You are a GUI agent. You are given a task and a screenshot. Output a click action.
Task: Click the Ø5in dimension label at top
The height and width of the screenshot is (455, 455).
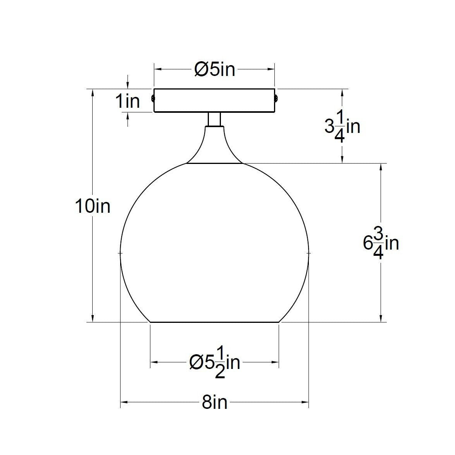tap(214, 70)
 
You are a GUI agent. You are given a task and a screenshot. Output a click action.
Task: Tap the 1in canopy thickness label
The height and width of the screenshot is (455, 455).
tap(128, 102)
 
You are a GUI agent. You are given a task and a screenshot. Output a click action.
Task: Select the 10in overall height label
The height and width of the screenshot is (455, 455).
tap(93, 206)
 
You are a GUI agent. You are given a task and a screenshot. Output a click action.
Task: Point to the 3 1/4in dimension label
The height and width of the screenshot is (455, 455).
tap(342, 127)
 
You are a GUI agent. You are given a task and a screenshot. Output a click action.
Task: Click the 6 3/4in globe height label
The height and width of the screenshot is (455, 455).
tap(381, 243)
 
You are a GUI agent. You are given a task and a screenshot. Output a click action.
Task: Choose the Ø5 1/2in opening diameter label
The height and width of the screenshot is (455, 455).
tap(214, 363)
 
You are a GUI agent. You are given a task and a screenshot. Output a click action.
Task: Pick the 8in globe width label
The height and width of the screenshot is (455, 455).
tap(214, 403)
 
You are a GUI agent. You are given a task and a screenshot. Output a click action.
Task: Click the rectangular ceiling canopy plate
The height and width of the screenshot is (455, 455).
tap(214, 101)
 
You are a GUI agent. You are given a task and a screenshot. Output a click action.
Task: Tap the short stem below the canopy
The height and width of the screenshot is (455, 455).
tap(214, 119)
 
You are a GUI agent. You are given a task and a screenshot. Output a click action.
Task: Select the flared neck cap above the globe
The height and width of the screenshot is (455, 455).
tap(214, 149)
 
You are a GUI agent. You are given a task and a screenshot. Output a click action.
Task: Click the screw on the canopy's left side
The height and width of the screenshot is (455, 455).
tap(153, 98)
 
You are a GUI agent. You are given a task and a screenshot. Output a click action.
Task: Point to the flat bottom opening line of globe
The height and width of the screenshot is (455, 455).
tap(214, 322)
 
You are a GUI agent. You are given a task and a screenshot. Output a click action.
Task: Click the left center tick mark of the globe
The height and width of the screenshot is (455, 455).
tap(121, 253)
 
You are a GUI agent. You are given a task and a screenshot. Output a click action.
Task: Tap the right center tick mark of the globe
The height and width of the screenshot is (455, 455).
tap(309, 253)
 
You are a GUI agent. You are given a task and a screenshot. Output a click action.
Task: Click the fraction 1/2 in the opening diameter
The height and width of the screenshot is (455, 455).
tap(220, 363)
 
